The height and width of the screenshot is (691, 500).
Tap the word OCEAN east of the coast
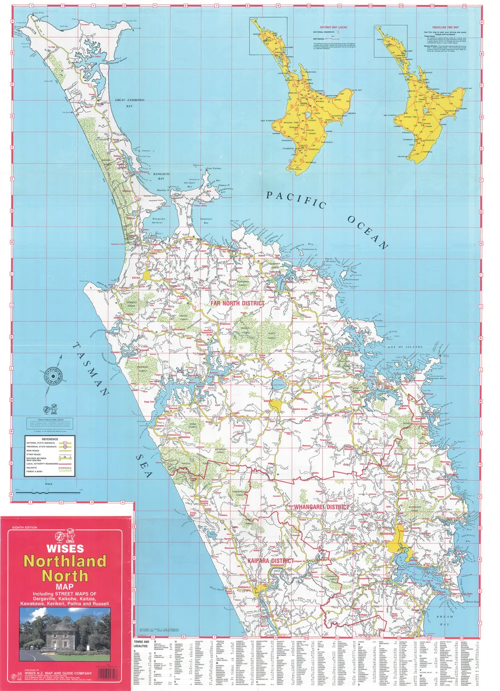click(368, 232)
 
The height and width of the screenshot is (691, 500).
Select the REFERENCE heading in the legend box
click(50, 439)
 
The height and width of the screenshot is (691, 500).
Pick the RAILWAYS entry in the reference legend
click(32, 468)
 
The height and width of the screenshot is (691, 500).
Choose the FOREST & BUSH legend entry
click(35, 472)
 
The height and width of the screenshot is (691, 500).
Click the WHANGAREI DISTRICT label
click(321, 507)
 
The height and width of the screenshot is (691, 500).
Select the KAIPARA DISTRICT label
click(270, 561)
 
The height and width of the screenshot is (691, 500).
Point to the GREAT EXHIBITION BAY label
click(129, 103)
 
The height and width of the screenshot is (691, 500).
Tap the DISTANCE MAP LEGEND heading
click(333, 28)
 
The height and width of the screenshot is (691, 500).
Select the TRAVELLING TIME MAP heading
click(445, 28)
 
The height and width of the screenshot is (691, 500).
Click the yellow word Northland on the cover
click(65, 561)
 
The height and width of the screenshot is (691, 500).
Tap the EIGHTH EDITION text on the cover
click(25, 528)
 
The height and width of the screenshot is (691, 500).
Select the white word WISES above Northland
click(65, 549)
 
